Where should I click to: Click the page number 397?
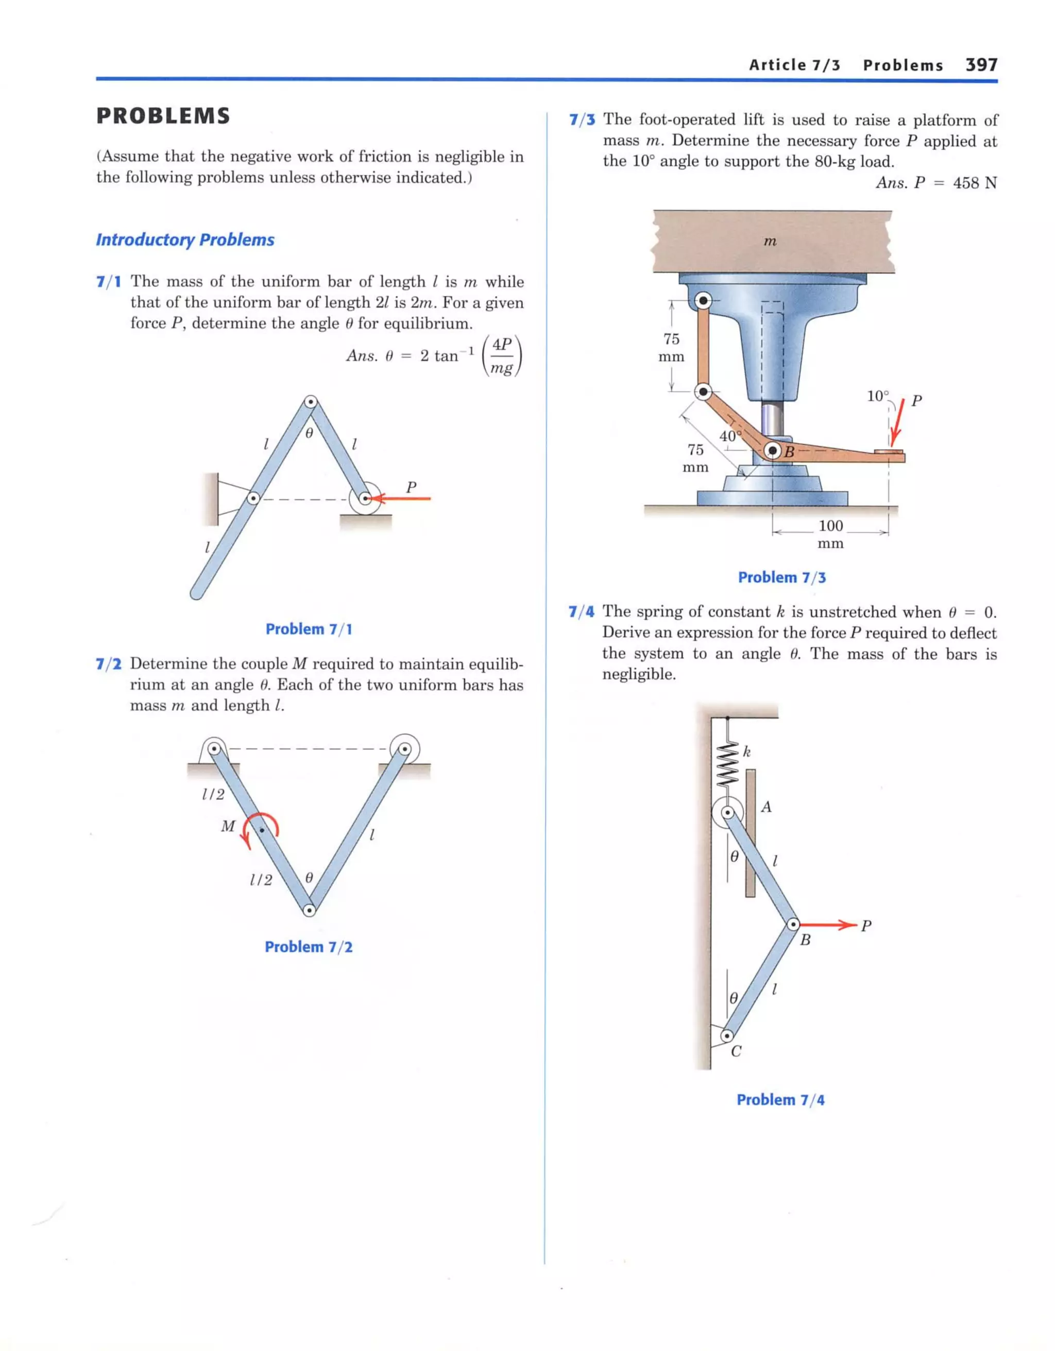981,65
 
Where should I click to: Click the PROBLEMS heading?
163,116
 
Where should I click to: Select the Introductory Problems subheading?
185,240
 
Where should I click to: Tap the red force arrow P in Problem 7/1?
402,498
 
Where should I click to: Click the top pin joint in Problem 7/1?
311,402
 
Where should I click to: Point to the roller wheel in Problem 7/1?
365,499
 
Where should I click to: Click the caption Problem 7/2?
308,947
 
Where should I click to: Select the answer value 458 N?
975,183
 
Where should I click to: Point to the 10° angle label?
877,396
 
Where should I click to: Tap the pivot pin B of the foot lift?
772,451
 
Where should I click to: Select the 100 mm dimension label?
830,534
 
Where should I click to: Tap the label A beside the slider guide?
766,807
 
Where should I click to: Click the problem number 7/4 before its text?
581,612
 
